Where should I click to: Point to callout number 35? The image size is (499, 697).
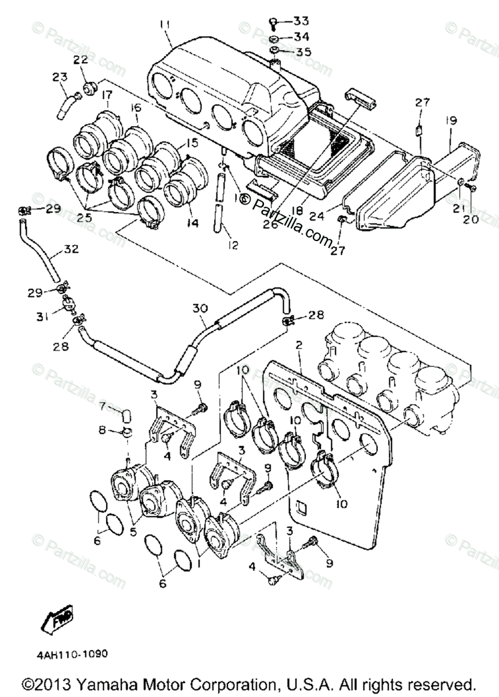click(302, 52)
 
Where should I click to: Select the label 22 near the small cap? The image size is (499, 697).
click(80, 59)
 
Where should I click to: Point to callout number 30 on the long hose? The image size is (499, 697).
click(200, 309)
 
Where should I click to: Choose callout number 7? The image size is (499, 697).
click(103, 405)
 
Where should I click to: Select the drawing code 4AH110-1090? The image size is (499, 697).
click(73, 653)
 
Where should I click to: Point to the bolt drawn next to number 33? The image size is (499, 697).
click(273, 22)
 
